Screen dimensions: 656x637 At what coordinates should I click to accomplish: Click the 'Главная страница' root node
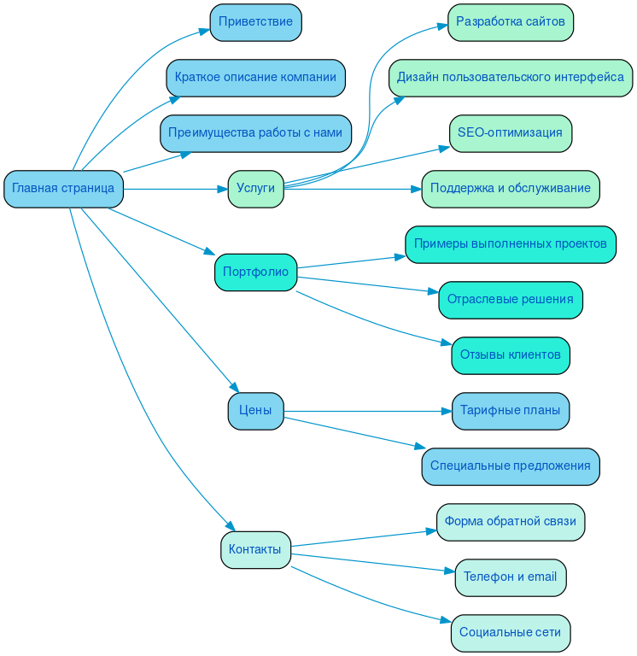pos(63,189)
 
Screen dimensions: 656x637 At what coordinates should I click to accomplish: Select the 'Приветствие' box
pos(255,22)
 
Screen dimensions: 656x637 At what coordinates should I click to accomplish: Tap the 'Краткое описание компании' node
pos(255,78)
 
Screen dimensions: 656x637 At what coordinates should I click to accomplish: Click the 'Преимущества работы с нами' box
pos(255,133)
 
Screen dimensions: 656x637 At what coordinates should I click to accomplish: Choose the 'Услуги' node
pos(255,189)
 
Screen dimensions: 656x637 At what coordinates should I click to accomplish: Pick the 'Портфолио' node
pos(255,272)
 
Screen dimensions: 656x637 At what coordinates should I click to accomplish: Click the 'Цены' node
pos(255,411)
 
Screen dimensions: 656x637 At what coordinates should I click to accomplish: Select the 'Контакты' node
pos(255,550)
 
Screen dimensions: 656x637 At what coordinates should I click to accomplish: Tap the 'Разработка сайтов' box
pos(511,22)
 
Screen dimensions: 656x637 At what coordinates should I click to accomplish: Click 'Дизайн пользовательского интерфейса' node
pos(511,78)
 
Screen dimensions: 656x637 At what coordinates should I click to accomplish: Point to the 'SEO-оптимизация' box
pos(511,133)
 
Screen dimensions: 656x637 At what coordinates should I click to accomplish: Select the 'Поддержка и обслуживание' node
pos(511,189)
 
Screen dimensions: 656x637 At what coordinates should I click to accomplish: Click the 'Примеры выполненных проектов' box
pos(511,244)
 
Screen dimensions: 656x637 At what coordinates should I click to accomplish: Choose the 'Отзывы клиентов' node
pos(511,355)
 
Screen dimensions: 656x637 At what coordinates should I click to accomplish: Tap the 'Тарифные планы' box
pos(511,411)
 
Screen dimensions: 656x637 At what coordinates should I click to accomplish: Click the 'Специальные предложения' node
pos(511,466)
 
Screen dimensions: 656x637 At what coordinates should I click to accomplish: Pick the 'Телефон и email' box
pos(511,577)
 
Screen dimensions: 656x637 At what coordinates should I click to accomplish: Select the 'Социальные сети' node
pos(511,633)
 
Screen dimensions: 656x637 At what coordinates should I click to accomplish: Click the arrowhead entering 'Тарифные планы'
pos(446,411)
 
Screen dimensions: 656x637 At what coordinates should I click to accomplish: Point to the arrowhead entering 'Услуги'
pos(222,189)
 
